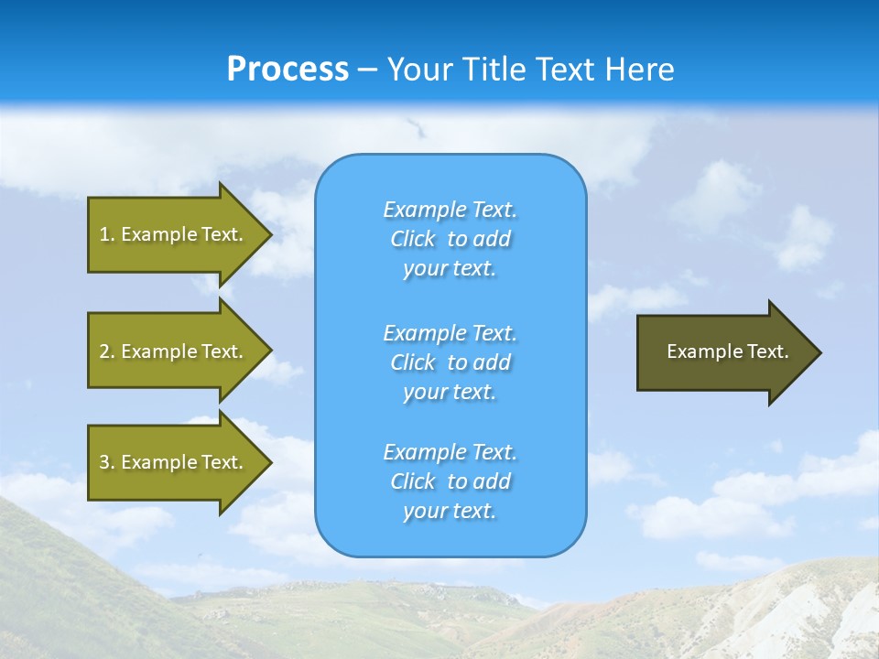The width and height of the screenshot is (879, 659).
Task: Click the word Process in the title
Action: [x=288, y=70]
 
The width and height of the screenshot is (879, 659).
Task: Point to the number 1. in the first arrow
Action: [x=107, y=234]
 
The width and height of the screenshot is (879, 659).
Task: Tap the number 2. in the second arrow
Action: [x=107, y=351]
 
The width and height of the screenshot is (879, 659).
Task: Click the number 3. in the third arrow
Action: [x=107, y=462]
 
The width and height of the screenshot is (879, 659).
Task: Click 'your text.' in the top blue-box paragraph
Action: [x=450, y=269]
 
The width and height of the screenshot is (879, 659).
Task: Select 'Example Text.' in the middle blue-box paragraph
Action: [x=450, y=333]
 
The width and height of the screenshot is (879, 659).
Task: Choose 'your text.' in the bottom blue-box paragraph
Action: [x=450, y=512]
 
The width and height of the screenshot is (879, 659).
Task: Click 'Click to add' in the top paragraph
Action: [x=450, y=240]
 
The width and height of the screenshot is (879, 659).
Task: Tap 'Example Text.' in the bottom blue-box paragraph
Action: [x=450, y=452]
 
